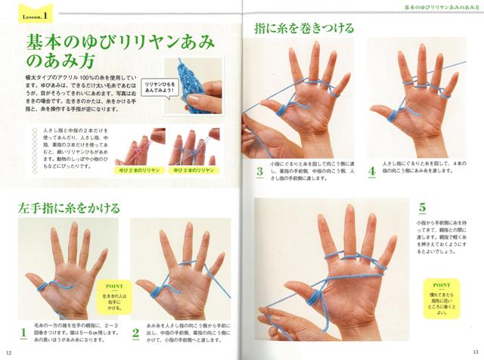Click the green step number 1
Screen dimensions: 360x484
pyautogui.click(x=23, y=331)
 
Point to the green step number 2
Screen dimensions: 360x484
pyautogui.click(x=135, y=331)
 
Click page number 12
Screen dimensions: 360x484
pyautogui.click(x=8, y=352)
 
